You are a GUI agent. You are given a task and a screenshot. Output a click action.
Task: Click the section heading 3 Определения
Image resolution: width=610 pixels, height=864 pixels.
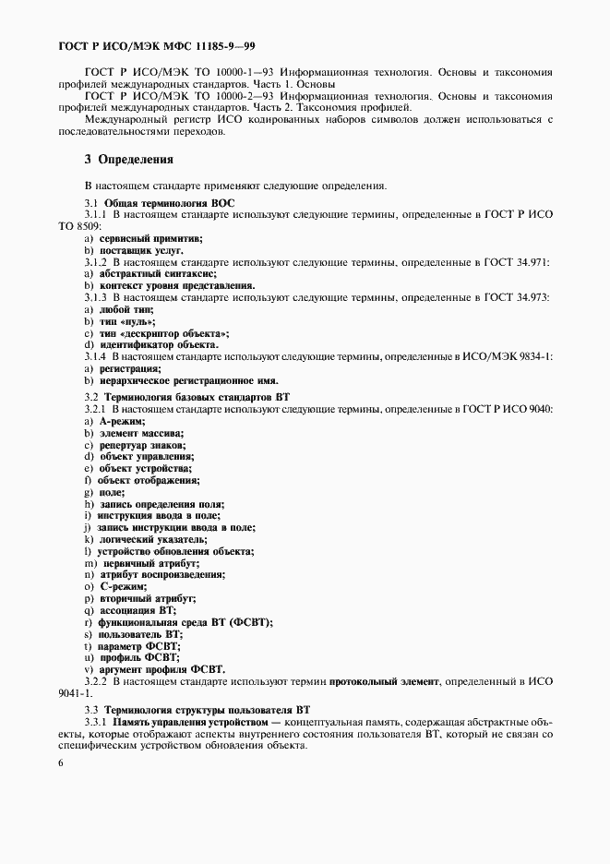(x=129, y=159)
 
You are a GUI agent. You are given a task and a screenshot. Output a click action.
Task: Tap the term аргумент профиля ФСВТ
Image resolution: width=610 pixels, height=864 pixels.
(x=161, y=668)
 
